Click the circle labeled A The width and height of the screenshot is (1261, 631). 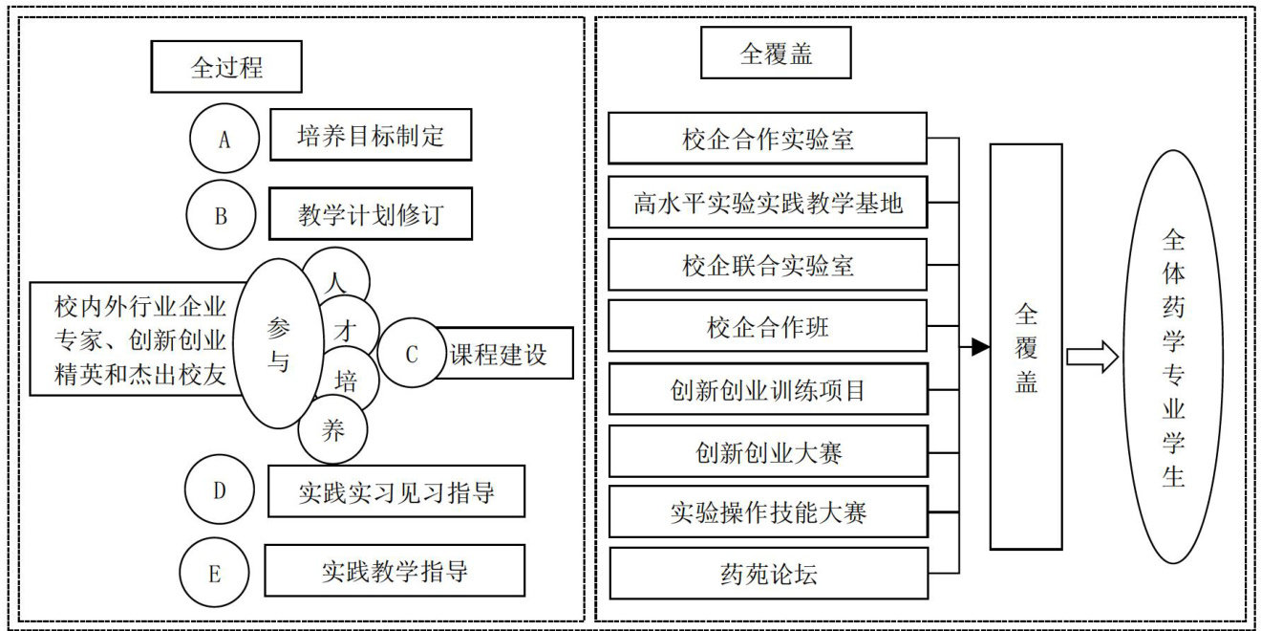[224, 140]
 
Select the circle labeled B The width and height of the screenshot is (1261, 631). [221, 216]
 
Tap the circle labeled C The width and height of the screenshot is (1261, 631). [413, 355]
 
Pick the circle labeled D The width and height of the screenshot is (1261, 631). [219, 490]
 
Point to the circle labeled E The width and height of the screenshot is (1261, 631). [214, 573]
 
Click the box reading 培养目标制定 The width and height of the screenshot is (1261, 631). [371, 135]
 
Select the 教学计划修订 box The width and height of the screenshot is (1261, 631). [371, 214]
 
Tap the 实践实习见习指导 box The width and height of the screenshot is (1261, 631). [395, 491]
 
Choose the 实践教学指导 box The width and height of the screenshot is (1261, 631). [395, 571]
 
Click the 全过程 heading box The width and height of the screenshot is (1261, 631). [226, 67]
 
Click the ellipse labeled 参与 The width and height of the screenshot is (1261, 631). [278, 343]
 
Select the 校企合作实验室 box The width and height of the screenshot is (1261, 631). [768, 139]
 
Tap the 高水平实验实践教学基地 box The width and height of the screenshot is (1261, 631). [768, 203]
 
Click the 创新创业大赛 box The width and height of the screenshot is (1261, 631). [768, 451]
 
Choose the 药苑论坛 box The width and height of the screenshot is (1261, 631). [768, 574]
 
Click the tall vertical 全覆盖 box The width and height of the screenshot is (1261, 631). [1026, 346]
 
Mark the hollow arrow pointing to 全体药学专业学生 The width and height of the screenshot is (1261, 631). [1092, 357]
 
